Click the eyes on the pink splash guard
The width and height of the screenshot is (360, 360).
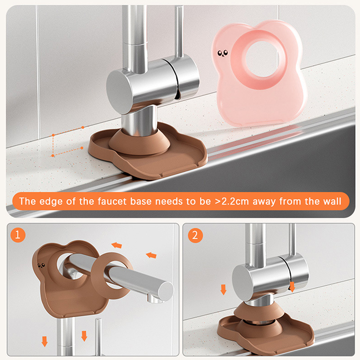click(x=223, y=53)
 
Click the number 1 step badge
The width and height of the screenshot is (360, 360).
click(x=18, y=235)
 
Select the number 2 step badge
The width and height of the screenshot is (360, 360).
click(x=195, y=235)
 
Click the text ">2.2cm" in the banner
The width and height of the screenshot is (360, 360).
click(x=232, y=201)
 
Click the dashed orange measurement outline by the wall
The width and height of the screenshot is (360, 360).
click(x=53, y=145)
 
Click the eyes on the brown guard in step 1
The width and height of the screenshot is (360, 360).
click(x=41, y=265)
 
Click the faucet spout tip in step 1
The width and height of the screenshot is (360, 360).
click(x=166, y=291)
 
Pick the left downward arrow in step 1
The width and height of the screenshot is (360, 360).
click(x=45, y=342)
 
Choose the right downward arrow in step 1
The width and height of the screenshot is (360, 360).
click(x=84, y=336)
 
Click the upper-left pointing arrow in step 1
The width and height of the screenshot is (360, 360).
click(x=117, y=245)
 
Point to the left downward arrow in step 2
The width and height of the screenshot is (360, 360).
click(x=223, y=289)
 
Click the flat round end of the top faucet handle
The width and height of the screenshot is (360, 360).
click(x=118, y=92)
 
